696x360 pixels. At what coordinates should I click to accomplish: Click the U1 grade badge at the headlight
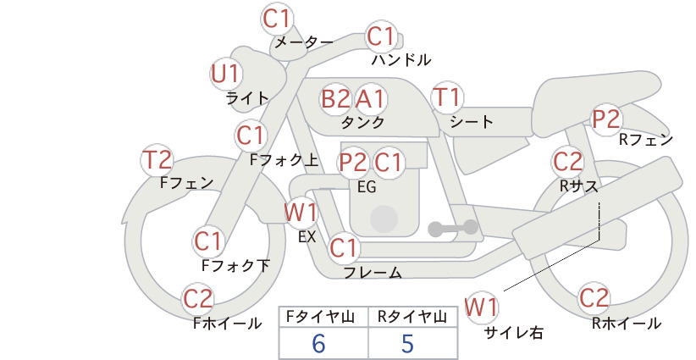click(226, 73)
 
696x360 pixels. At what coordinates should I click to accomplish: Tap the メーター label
click(304, 42)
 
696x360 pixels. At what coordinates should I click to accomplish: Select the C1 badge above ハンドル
click(381, 36)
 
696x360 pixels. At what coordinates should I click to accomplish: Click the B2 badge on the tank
click(335, 98)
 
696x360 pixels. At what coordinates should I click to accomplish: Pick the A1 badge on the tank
click(370, 98)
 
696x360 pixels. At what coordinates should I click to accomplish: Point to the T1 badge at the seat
click(447, 97)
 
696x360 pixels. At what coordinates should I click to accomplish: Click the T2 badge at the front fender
click(157, 160)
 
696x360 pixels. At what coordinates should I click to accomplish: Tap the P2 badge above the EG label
click(353, 163)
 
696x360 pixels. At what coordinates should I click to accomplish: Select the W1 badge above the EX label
click(301, 213)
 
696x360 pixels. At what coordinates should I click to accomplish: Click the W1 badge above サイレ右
click(481, 307)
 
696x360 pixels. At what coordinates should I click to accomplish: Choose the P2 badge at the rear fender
click(606, 119)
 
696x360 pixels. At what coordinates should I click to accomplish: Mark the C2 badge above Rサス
click(567, 162)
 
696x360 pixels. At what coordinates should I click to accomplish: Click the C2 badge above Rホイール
click(594, 298)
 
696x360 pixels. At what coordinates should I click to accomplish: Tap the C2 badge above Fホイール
click(198, 299)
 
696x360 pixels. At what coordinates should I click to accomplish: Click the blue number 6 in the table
click(318, 343)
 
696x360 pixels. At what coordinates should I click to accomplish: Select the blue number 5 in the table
click(407, 343)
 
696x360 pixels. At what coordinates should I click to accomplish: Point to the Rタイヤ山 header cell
click(413, 317)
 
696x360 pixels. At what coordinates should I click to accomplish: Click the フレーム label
click(373, 273)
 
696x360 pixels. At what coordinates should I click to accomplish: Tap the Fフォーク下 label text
click(235, 265)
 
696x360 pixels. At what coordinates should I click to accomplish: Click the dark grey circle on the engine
click(384, 219)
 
